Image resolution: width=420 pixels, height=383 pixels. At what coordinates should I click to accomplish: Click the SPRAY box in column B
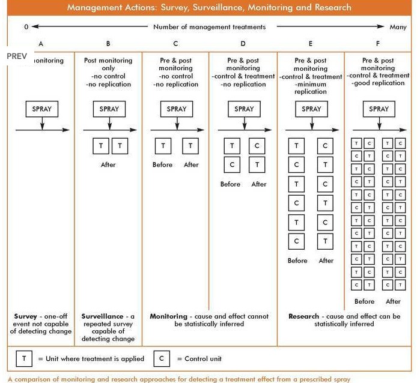point(109,109)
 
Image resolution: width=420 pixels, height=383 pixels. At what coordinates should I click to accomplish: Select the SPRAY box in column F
point(379,109)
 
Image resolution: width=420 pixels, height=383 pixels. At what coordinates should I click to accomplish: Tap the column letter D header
point(243,44)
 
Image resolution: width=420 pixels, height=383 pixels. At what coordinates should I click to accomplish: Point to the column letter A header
point(41,44)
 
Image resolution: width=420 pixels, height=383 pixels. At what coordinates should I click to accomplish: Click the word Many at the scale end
point(398,27)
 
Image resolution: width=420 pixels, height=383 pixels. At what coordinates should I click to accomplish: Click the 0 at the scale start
point(26,27)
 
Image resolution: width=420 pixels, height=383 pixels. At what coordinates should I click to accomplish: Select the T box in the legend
point(24,358)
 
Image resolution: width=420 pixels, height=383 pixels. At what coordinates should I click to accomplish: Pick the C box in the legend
point(163,358)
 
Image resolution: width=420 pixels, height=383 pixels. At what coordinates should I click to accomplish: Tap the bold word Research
point(304,316)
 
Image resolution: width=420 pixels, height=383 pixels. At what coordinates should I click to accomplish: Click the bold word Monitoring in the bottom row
point(168,316)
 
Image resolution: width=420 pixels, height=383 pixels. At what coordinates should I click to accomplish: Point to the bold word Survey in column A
point(26,316)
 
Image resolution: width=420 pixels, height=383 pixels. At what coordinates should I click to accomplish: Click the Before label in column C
point(162,164)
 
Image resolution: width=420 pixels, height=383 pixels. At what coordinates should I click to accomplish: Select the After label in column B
point(109,164)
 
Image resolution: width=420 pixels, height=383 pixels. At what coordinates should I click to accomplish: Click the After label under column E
point(326,261)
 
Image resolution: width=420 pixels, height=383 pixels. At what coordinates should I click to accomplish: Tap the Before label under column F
point(364,301)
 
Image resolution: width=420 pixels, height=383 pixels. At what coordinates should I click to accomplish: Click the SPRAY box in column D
point(244,109)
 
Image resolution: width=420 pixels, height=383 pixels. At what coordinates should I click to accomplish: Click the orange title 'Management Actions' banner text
point(209,8)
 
